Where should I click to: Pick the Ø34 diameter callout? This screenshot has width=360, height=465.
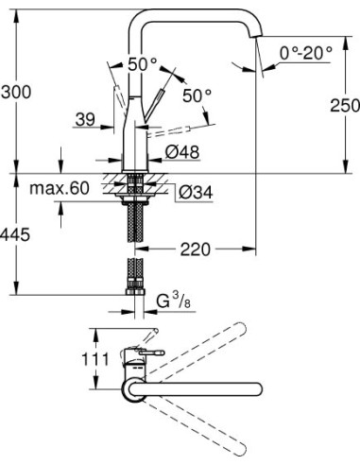[x=195, y=193]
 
